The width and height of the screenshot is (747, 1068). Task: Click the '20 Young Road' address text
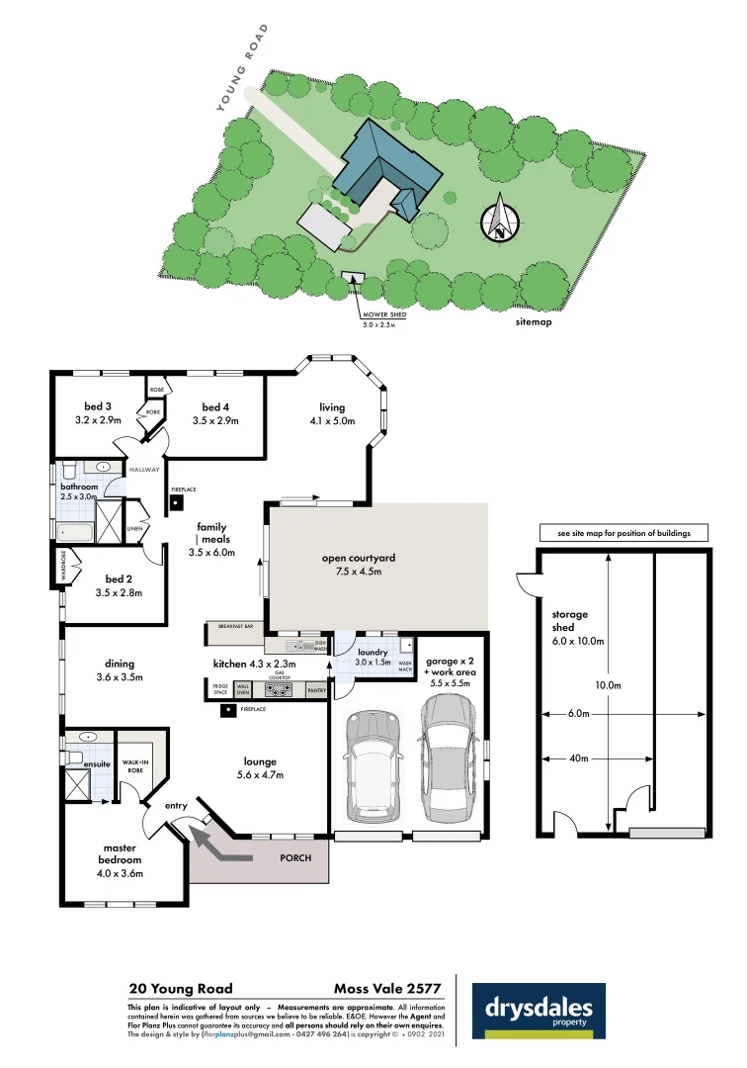181,988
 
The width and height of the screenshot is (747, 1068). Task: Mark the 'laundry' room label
373,653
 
